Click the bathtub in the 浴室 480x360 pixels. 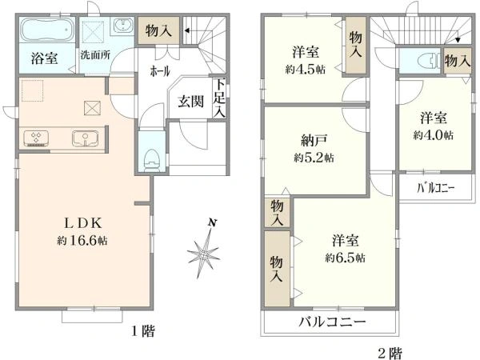[x=46, y=32]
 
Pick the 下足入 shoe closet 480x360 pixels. [x=218, y=98]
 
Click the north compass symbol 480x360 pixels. [x=205, y=250]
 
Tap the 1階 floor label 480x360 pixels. [x=144, y=330]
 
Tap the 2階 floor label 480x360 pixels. [x=389, y=350]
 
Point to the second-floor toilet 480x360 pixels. [x=418, y=60]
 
